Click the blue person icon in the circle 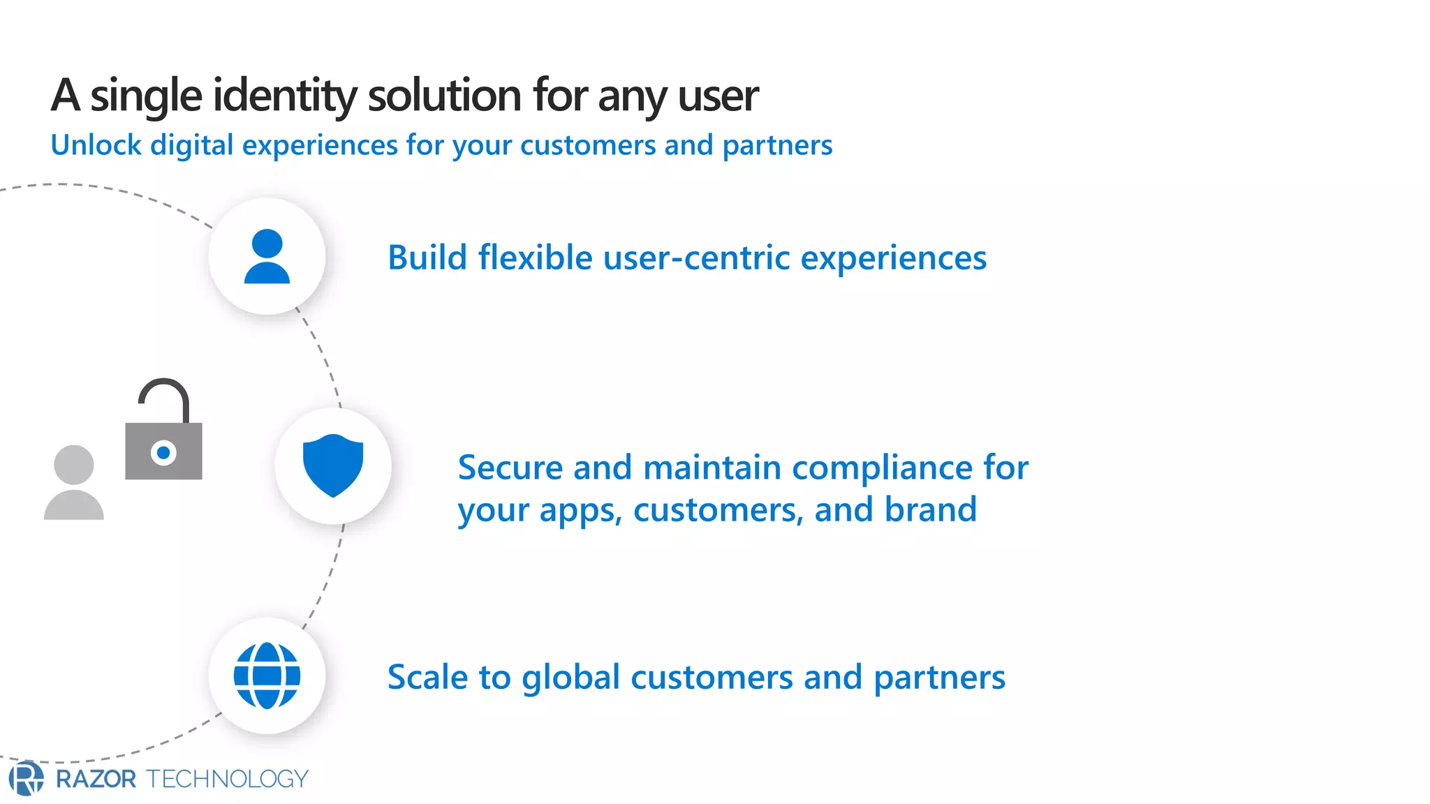pyautogui.click(x=267, y=256)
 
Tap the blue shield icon pyautogui.click(x=333, y=465)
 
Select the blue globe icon pyautogui.click(x=267, y=676)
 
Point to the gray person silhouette pyautogui.click(x=74, y=483)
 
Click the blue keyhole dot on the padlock pyautogui.click(x=163, y=453)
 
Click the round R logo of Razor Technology pyautogui.click(x=26, y=778)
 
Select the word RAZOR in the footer pyautogui.click(x=96, y=779)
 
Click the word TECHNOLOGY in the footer pyautogui.click(x=228, y=779)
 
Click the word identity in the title pyautogui.click(x=285, y=95)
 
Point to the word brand pyautogui.click(x=930, y=509)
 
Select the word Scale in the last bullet pyautogui.click(x=427, y=677)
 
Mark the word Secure pyautogui.click(x=510, y=468)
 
